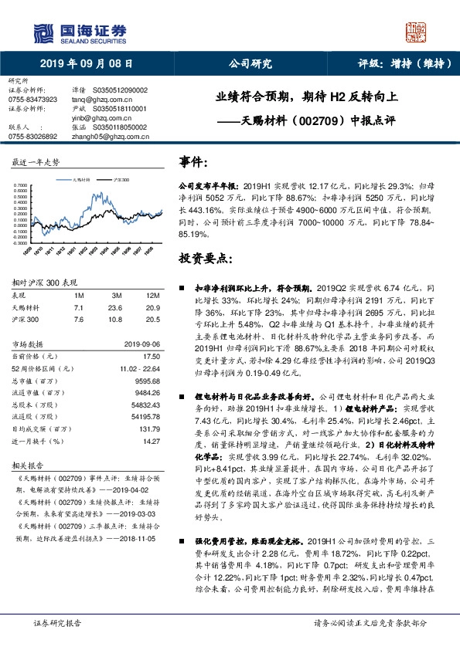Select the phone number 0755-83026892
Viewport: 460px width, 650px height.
coord(32,136)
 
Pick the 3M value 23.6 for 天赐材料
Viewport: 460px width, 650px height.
coord(118,306)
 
